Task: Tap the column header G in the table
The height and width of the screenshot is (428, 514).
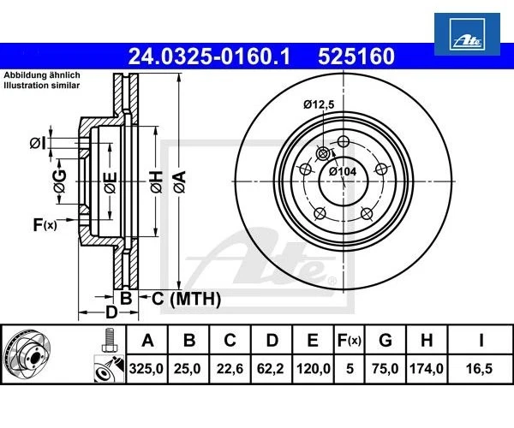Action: click(x=385, y=341)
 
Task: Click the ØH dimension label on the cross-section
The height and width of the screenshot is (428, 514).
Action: click(x=155, y=180)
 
